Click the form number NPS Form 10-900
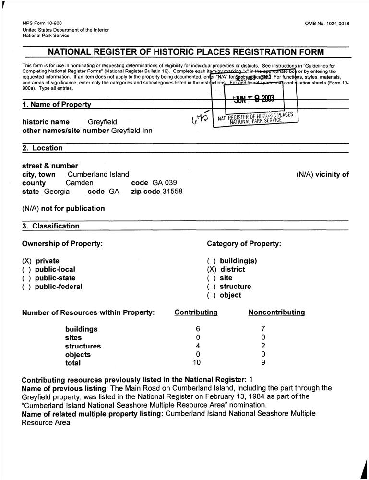coord(42,24)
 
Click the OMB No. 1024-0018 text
coord(327,24)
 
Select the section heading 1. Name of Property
coord(56,105)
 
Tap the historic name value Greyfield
coord(102,122)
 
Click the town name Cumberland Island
coord(98,174)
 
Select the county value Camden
coord(79,183)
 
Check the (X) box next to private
coord(27,261)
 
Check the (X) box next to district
coord(212,270)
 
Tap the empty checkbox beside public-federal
coord(27,287)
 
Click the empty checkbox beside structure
coord(212,287)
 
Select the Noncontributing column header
coord(276,312)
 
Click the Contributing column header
coord(196,312)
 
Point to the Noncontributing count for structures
coord(263,346)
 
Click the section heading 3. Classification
coord(50,226)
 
